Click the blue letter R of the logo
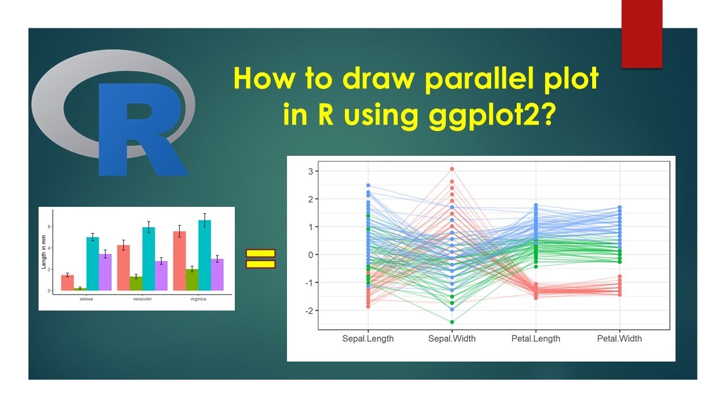pos(139,129)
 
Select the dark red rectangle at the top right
pos(642,34)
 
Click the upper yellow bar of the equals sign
pos(260,253)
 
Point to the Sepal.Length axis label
pos(368,338)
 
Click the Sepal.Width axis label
pos(452,338)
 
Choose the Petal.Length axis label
pos(535,338)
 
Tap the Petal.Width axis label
pos(619,338)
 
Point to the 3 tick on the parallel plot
pos(311,171)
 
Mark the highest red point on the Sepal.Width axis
pos(452,169)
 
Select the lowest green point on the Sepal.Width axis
pos(452,322)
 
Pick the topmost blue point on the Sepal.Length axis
pos(368,185)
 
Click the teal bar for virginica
pos(205,255)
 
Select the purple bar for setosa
pos(105,272)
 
